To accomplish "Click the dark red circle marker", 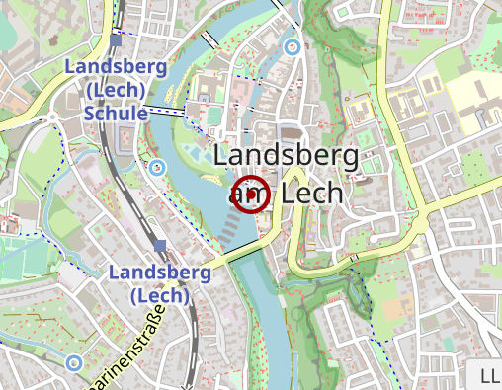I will click(251, 194).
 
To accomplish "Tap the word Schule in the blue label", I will click(116, 113).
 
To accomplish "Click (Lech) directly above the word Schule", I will click(116, 90).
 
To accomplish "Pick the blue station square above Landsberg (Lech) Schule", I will click(117, 40).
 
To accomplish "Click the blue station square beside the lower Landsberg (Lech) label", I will click(159, 245).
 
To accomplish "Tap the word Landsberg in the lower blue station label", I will click(160, 272).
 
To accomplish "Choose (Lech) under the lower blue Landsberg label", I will click(159, 294).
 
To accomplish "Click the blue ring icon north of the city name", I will click(291, 46).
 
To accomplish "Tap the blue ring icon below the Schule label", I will click(156, 166).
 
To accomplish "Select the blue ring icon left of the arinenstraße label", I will click(74, 363).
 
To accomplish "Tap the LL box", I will click(488, 376).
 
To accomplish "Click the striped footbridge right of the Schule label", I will click(168, 111).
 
